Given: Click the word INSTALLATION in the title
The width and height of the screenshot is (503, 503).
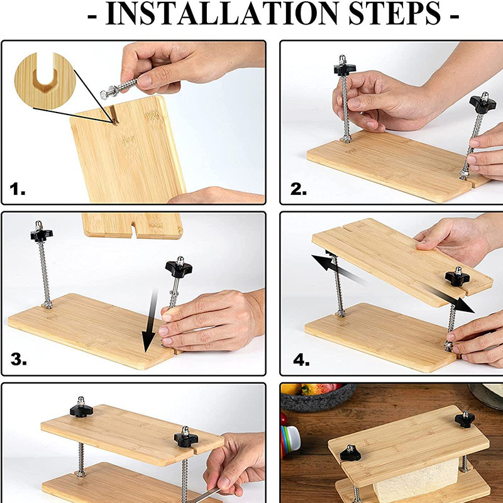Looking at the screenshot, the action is pos(222,13).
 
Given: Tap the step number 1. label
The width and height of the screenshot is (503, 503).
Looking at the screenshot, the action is pos(18,189).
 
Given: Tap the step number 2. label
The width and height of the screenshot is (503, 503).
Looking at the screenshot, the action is pos(298,189).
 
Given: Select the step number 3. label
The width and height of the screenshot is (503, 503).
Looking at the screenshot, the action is pos(19,359).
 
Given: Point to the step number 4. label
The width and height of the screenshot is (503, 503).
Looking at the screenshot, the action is pos(301,360).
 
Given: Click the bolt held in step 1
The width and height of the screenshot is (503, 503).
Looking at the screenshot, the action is pos(119,87).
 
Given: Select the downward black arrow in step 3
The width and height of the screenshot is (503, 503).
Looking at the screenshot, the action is pos(150,321).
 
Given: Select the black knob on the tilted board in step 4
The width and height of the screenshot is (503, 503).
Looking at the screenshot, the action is pos(457,277).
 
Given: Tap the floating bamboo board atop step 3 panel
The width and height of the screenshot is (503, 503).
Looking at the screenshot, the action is pos(132,226).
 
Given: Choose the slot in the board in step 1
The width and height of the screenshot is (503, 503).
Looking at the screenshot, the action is pos(114,116).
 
